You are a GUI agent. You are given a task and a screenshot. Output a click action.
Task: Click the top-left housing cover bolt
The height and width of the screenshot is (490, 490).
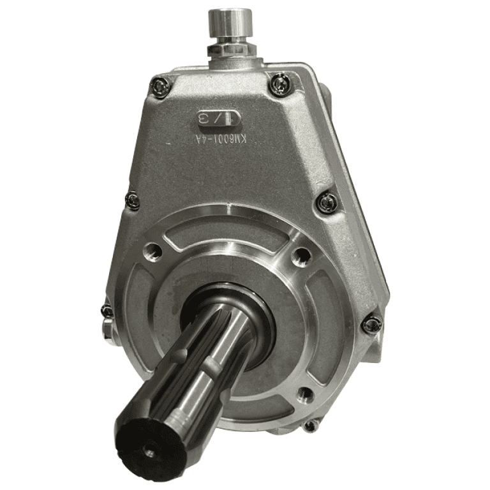(x=161, y=86)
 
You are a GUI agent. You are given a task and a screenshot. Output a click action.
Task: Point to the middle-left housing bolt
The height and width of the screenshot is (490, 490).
(x=133, y=201)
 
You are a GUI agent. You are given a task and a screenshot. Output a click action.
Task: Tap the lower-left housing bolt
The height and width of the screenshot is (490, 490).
(x=107, y=311)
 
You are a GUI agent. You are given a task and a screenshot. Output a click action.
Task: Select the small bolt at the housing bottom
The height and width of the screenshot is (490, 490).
(x=311, y=426)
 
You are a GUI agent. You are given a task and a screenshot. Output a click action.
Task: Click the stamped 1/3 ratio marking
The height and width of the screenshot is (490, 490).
(x=219, y=118)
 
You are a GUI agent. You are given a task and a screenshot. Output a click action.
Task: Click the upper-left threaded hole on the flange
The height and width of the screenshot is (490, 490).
(x=153, y=250)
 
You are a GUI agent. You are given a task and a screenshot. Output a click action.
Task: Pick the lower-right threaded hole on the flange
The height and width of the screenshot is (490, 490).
(x=305, y=394)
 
